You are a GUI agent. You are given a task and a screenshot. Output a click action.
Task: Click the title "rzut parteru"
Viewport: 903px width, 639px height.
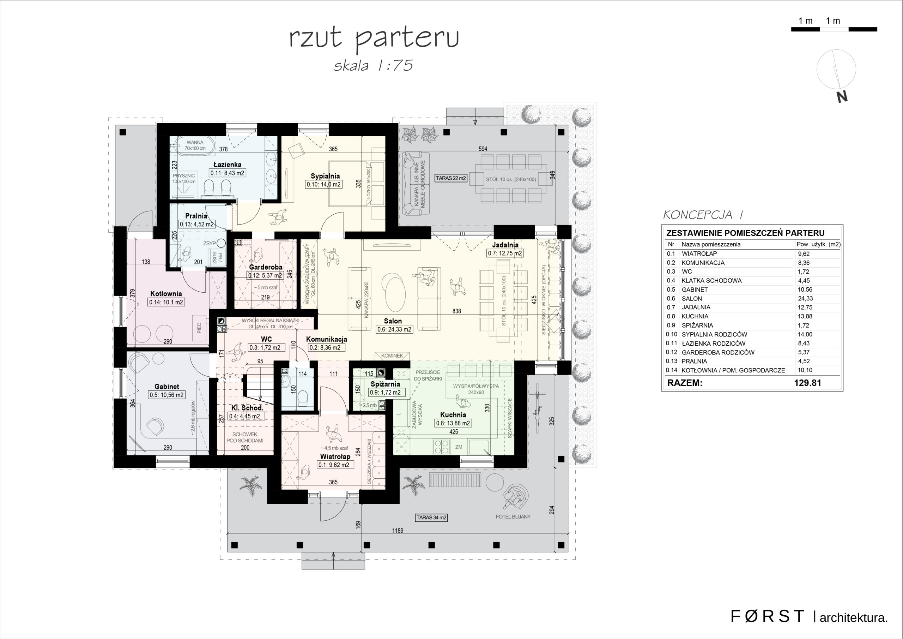[374, 40]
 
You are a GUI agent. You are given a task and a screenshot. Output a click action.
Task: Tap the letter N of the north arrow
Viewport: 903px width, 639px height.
[842, 97]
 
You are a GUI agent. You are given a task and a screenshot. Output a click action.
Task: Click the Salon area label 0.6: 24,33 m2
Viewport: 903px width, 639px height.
[394, 329]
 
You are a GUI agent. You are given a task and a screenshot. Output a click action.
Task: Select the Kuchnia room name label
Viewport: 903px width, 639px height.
[453, 414]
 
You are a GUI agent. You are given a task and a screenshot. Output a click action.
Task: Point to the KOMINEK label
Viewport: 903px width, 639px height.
[392, 356]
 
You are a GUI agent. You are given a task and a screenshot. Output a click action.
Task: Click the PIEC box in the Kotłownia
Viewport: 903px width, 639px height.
[200, 328]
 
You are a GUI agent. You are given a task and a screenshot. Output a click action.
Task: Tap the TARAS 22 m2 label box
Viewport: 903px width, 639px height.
[451, 178]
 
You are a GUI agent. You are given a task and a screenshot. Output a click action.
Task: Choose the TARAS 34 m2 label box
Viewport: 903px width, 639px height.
[431, 518]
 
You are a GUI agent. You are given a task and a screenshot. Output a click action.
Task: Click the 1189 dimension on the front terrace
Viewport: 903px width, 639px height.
[398, 530]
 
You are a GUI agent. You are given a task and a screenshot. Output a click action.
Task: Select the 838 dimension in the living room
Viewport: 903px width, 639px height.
[456, 311]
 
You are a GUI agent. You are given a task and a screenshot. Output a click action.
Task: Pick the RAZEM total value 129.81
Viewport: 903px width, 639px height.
[807, 383]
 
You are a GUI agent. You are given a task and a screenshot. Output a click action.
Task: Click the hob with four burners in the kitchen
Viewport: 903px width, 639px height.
[441, 446]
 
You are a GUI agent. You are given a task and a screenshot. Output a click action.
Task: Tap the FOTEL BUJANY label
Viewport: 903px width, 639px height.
[513, 516]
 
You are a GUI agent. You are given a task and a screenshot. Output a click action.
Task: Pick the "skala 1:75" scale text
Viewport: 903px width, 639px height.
[373, 65]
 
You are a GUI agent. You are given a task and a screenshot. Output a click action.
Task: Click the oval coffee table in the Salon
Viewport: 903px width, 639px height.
[395, 292]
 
